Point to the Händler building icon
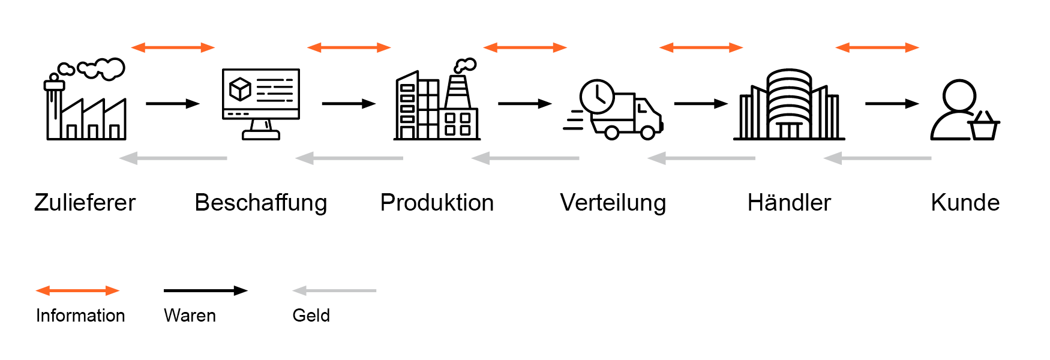(789, 106)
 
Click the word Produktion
(437, 203)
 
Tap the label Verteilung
(613, 203)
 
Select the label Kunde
(965, 203)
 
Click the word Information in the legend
(80, 316)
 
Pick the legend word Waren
(190, 316)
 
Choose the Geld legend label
(311, 316)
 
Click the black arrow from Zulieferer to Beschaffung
(172, 104)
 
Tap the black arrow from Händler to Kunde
(892, 104)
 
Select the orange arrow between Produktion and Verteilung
(525, 47)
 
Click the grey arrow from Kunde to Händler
(877, 158)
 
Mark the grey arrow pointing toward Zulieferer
(173, 158)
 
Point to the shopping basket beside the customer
(983, 127)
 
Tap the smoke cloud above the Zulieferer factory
(102, 68)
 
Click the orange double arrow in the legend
(77, 291)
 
